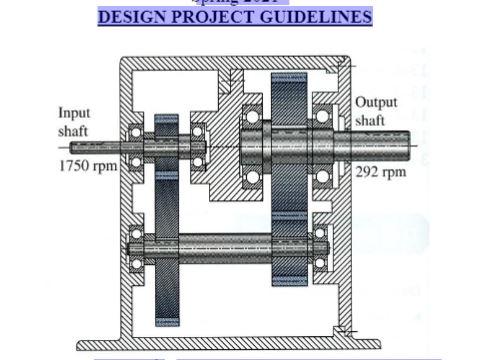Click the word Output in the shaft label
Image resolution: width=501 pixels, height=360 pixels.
pyautogui.click(x=376, y=103)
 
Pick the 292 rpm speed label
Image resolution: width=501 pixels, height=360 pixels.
pyautogui.click(x=381, y=171)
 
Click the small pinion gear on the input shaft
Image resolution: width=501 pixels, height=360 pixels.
pyautogui.click(x=166, y=144)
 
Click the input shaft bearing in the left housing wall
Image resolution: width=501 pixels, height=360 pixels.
pyautogui.click(x=136, y=145)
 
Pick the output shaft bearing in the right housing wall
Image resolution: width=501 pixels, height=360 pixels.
pyautogui.click(x=322, y=145)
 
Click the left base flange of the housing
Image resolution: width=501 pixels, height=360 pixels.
pyautogui.click(x=96, y=343)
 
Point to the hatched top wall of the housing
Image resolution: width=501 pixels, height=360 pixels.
pyautogui.click(x=180, y=62)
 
